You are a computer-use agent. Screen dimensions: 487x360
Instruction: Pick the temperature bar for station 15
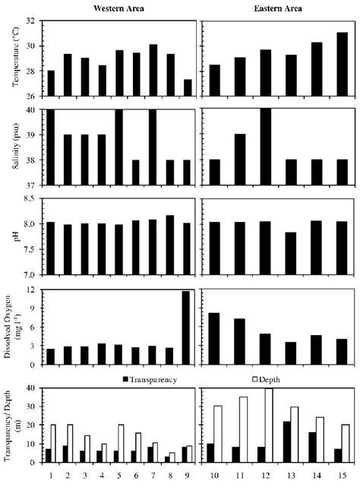tap(341, 64)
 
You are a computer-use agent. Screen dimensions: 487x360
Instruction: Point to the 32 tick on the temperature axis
tap(37, 21)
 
